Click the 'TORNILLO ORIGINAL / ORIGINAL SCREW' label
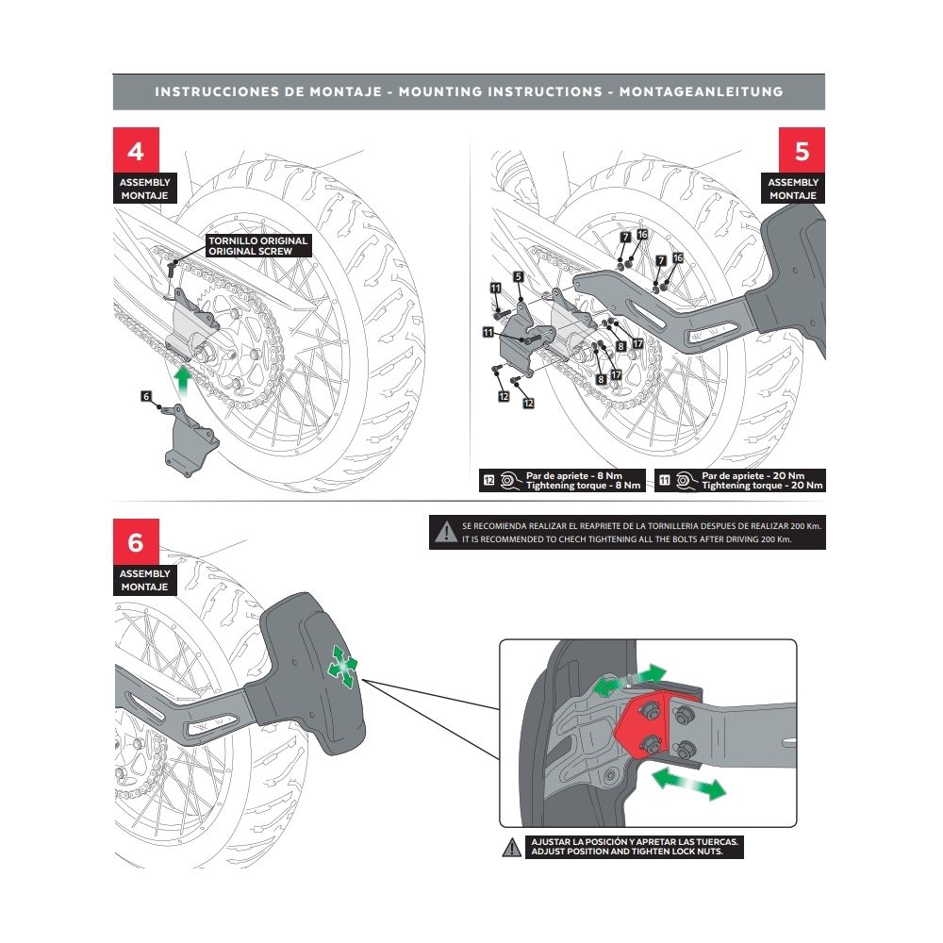[257, 246]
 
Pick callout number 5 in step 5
[519, 276]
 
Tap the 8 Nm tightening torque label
[563, 480]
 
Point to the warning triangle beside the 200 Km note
[444, 533]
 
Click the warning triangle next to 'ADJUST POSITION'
[510, 846]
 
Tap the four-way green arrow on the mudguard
[341, 666]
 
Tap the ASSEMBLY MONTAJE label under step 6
[144, 580]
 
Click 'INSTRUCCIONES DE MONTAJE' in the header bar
[267, 92]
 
